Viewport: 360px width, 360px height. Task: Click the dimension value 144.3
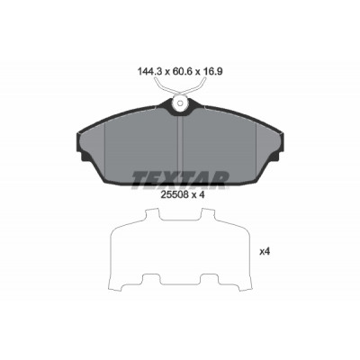149,72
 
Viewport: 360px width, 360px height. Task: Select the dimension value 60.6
182,72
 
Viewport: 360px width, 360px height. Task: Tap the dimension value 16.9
212,72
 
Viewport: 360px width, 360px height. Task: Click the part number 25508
175,195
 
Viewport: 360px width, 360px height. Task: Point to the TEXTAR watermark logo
180,181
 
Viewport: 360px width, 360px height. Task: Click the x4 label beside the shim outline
265,252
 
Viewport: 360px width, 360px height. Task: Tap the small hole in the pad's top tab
179,103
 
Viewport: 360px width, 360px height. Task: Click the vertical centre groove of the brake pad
180,147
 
